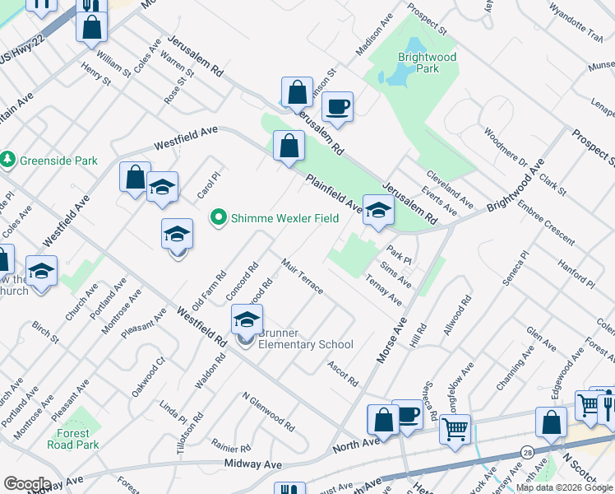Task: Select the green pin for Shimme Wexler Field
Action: tap(218, 217)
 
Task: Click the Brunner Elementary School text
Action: tap(305, 338)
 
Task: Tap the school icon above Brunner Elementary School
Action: tap(247, 319)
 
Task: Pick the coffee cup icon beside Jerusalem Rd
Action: tap(337, 106)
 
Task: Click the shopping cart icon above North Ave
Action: tap(455, 428)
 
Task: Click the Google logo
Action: tap(26, 484)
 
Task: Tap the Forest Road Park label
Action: tap(78, 439)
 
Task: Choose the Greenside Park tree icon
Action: tap(8, 160)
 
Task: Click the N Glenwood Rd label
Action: tap(268, 411)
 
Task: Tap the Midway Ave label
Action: tap(252, 464)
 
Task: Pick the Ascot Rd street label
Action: tap(343, 374)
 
